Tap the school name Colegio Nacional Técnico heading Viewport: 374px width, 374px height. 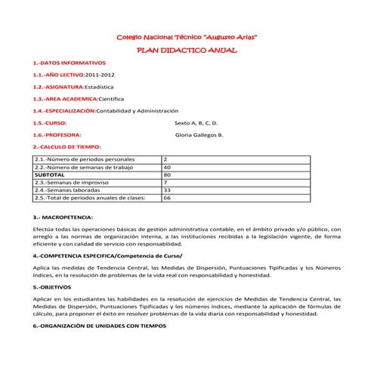(187, 36)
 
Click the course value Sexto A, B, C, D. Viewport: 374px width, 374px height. (196, 122)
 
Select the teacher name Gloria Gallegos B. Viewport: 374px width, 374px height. (199, 134)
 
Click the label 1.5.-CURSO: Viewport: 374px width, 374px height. (51, 122)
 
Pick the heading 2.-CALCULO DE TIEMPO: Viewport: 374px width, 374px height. (68, 146)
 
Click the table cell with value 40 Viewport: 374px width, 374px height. (168, 167)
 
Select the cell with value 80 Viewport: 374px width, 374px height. (168, 175)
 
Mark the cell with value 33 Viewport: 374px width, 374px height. (168, 190)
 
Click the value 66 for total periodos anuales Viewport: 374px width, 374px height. (168, 197)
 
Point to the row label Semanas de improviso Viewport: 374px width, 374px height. (75, 182)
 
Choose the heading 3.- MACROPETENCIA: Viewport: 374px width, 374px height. (63, 217)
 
